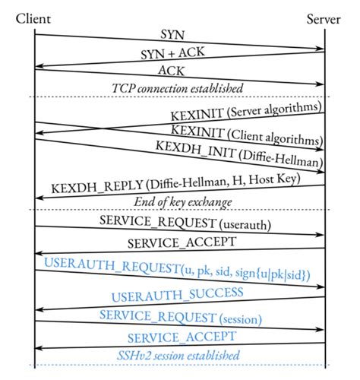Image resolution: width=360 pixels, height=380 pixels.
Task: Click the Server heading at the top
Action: [x=324, y=17]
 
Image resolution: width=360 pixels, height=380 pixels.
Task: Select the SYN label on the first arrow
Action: [x=172, y=35]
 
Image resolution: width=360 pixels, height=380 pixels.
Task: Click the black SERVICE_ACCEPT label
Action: [x=180, y=243]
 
